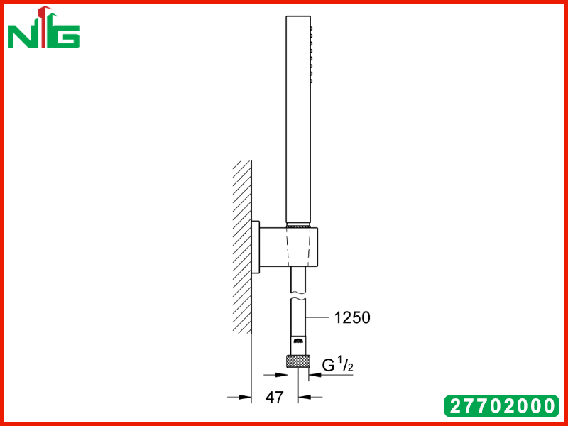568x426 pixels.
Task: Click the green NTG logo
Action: (x=43, y=27)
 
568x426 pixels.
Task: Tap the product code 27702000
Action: (x=501, y=405)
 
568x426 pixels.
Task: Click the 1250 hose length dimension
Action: (x=352, y=317)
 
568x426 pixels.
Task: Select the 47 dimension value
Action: (x=274, y=398)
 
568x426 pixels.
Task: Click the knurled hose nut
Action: (x=298, y=361)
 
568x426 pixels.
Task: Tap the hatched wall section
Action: (x=242, y=247)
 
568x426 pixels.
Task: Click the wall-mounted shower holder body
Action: (x=289, y=247)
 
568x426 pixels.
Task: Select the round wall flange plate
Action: (x=256, y=247)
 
